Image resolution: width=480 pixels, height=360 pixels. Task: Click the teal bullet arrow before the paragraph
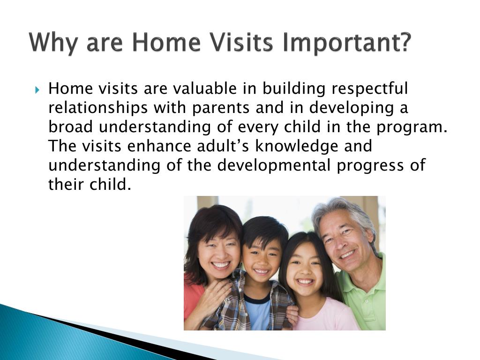pos(37,90)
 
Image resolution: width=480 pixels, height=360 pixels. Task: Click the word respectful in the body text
pos(370,89)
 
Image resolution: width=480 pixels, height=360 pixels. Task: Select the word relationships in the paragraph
pos(98,108)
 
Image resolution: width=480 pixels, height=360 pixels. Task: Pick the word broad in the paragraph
pos(70,127)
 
